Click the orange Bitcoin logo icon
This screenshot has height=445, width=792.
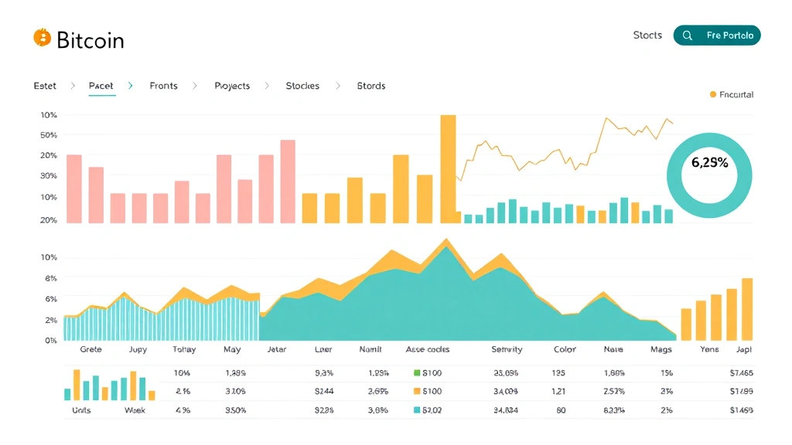(x=42, y=38)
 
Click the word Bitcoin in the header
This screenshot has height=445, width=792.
(x=90, y=40)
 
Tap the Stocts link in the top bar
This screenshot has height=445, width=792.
(x=647, y=36)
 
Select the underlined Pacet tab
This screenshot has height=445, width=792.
(x=101, y=86)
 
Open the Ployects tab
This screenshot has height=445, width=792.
(x=232, y=86)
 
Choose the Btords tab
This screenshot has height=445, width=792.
(x=371, y=86)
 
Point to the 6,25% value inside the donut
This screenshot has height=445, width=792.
(x=709, y=163)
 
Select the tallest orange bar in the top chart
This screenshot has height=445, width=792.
(x=448, y=169)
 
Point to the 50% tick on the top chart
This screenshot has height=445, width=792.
(x=49, y=135)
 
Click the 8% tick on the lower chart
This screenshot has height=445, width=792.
(x=51, y=278)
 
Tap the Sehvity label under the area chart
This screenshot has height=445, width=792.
(x=507, y=349)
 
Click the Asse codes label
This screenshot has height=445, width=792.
(x=428, y=349)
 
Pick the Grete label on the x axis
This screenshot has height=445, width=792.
(x=90, y=349)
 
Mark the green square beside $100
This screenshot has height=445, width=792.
(x=417, y=373)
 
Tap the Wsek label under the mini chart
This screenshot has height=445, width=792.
(x=135, y=410)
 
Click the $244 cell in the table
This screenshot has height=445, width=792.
(x=324, y=392)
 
